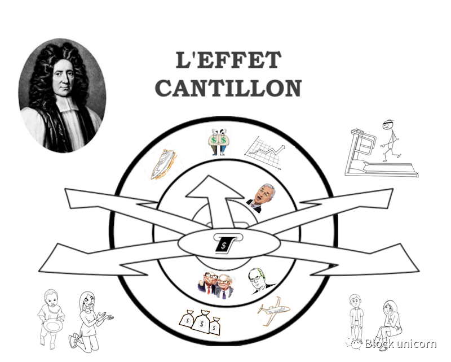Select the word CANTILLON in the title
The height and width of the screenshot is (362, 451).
pyautogui.click(x=228, y=89)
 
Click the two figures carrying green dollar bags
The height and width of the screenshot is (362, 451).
pyautogui.click(x=218, y=141)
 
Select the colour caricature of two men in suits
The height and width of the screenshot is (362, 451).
pyautogui.click(x=217, y=282)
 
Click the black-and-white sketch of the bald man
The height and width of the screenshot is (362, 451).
pyautogui.click(x=259, y=281)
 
